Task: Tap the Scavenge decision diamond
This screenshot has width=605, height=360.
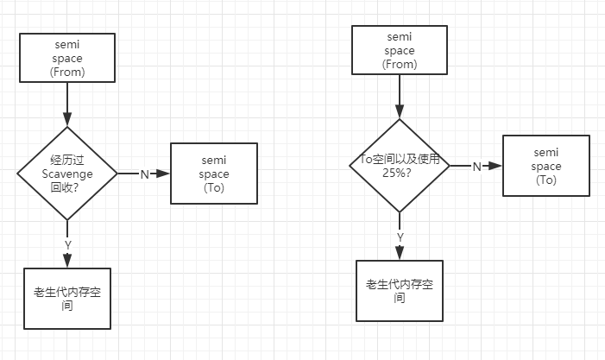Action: click(x=67, y=174)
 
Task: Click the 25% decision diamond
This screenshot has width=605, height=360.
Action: click(x=399, y=166)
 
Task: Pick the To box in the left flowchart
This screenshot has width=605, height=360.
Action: click(x=214, y=174)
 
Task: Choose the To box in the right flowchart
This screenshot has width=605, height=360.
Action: click(x=546, y=167)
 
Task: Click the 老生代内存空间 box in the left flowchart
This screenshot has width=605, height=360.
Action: click(x=67, y=298)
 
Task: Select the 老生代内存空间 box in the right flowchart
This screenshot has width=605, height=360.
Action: click(x=399, y=291)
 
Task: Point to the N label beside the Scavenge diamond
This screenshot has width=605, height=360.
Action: click(x=144, y=174)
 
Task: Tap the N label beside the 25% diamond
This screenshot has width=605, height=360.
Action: click(x=476, y=167)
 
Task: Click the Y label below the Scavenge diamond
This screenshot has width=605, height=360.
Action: click(x=67, y=245)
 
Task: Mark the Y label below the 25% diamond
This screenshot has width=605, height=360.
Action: click(x=400, y=237)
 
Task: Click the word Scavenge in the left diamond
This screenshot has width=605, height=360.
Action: click(x=67, y=174)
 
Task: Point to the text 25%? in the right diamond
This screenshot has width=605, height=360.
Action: click(x=399, y=173)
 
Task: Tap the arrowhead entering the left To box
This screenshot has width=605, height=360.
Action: click(x=166, y=174)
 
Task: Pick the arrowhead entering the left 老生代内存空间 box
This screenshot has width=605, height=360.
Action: click(x=67, y=262)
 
